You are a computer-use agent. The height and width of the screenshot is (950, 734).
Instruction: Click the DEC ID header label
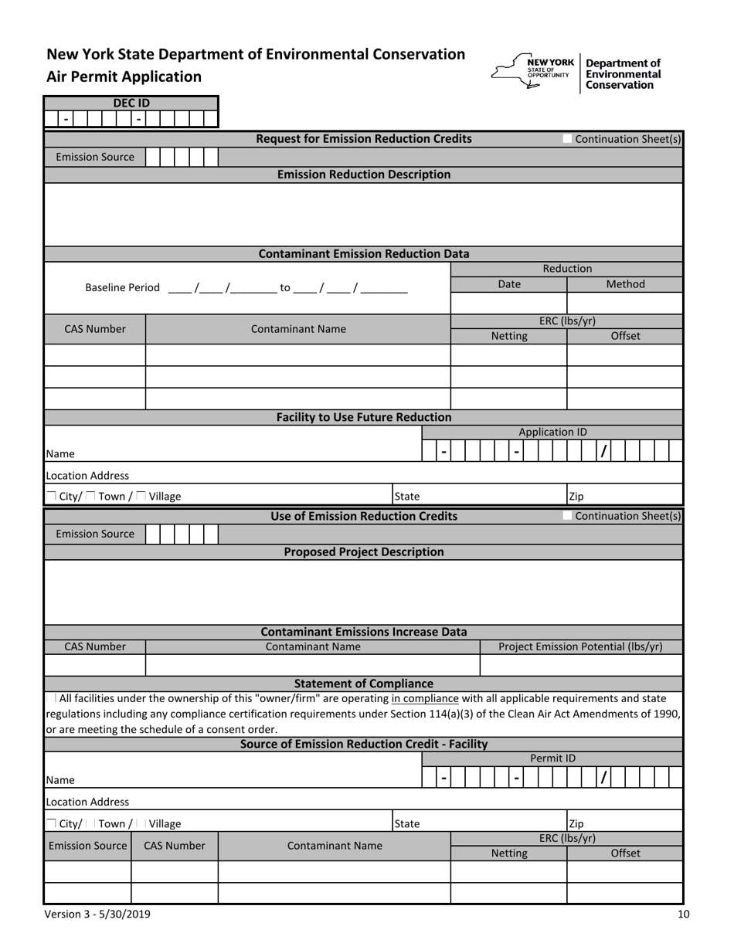click(131, 103)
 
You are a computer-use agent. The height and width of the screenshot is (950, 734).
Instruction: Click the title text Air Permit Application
click(124, 76)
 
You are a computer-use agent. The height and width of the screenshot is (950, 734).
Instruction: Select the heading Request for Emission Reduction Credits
click(363, 139)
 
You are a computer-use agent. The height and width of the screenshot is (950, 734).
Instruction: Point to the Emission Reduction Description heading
click(363, 175)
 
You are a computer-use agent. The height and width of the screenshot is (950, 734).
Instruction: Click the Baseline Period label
click(122, 288)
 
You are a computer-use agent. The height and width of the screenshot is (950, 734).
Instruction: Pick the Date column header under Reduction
click(508, 284)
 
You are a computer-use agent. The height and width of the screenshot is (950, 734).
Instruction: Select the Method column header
click(625, 284)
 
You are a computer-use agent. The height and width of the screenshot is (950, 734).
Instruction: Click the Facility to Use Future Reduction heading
click(363, 417)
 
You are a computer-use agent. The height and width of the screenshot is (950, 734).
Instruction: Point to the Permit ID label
click(552, 758)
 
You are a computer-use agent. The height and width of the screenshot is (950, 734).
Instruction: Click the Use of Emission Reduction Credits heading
click(363, 516)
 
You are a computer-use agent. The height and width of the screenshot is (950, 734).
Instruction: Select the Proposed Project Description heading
click(363, 551)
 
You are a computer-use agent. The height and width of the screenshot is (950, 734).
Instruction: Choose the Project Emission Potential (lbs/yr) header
click(580, 646)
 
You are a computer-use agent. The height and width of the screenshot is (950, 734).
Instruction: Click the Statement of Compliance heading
click(363, 684)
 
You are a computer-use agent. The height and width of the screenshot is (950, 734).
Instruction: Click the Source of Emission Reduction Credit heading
click(363, 744)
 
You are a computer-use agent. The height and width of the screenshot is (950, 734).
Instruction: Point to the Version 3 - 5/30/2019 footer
click(98, 914)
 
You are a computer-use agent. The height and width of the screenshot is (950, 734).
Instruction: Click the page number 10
click(683, 914)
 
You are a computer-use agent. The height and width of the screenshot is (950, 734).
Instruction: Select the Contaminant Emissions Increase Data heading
click(363, 632)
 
